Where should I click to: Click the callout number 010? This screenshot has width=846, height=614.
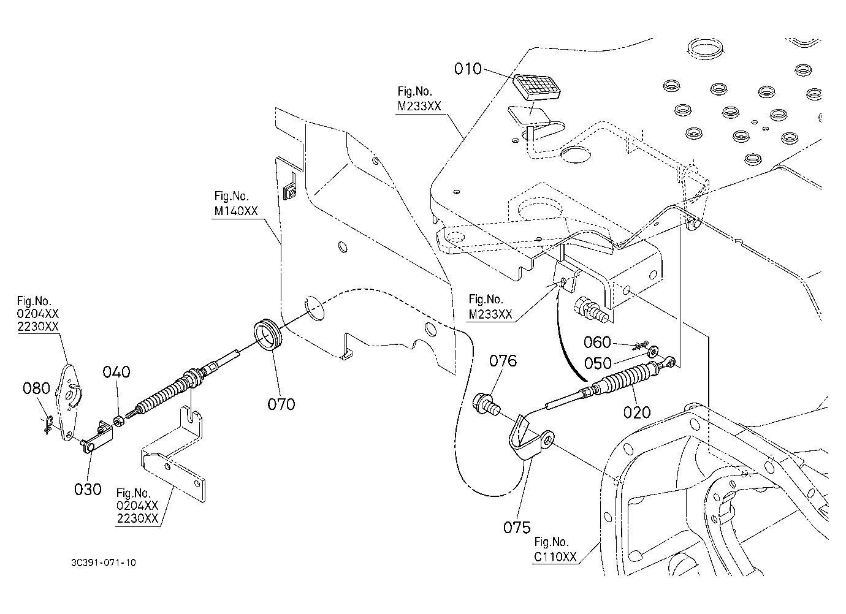(468, 69)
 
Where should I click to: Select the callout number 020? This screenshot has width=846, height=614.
(637, 412)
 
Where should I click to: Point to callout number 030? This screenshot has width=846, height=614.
(88, 490)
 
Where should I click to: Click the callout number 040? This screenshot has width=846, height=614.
(116, 372)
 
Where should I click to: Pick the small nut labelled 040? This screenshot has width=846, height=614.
(118, 420)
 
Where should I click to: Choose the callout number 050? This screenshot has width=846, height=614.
(598, 363)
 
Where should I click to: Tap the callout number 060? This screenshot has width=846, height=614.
(597, 343)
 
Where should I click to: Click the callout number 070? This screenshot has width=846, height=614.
(281, 404)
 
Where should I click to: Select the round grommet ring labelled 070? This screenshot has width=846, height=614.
(268, 334)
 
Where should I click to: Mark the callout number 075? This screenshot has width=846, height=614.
(517, 528)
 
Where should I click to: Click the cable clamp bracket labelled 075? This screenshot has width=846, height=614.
(528, 438)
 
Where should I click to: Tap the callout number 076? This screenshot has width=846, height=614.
(503, 361)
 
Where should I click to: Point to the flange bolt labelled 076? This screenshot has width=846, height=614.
(486, 404)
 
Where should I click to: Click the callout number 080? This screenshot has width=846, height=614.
(36, 388)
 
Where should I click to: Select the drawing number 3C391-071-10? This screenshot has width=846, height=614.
(104, 563)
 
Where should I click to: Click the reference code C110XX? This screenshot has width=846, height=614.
(555, 556)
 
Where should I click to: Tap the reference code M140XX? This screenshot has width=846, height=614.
(236, 211)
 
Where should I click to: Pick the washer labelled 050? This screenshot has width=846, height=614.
(652, 352)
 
